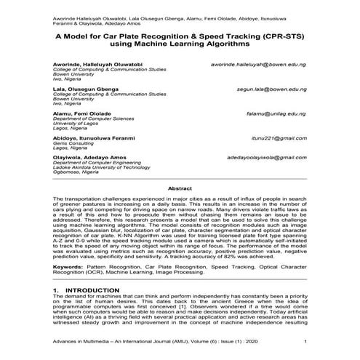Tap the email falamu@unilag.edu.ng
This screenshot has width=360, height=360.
(x=276, y=115)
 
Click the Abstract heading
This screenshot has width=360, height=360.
(x=180, y=188)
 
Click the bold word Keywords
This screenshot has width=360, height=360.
(x=71, y=268)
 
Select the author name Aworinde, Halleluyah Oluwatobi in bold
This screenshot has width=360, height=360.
(x=99, y=64)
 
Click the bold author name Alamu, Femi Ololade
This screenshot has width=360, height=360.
(x=81, y=115)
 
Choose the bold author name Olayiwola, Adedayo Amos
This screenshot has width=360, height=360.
(x=90, y=157)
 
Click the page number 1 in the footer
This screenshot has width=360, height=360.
(x=305, y=343)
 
